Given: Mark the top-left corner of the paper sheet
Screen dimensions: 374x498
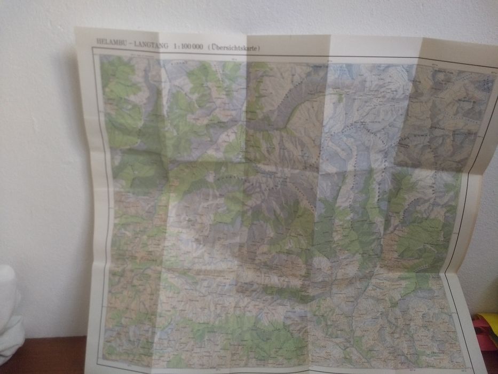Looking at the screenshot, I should coord(75,28).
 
